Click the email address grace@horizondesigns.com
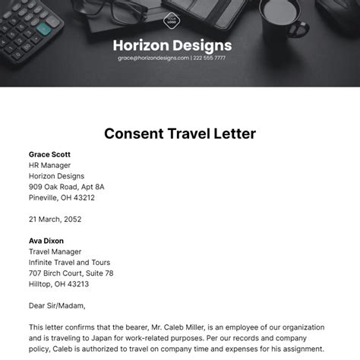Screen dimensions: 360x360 tap(154, 58)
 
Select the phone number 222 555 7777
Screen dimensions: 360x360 tap(209, 58)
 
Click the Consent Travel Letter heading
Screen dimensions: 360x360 tap(179, 134)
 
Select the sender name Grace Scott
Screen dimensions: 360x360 tap(50, 154)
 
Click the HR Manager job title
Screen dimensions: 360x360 tap(49, 165)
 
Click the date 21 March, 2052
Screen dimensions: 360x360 tap(55, 219)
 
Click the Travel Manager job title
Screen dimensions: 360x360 tap(55, 251)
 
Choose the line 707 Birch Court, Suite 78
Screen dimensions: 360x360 tap(71, 273)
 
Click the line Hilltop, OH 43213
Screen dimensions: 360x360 tap(58, 283)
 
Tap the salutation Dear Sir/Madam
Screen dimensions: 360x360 tap(57, 305)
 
